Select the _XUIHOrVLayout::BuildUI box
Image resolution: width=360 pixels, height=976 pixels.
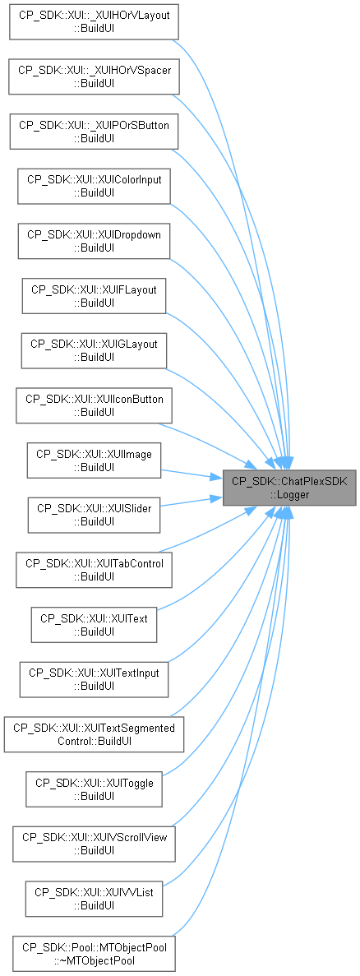94,22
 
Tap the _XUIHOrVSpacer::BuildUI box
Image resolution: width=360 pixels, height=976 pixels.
94,76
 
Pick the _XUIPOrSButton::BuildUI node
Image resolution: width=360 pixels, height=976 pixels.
94,132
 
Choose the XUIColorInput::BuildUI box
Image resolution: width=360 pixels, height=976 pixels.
94,186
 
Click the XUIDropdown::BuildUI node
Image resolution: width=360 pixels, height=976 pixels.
94,241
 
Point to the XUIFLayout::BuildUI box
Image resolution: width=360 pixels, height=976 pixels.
94,296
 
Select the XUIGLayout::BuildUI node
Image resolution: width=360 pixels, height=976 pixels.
94,350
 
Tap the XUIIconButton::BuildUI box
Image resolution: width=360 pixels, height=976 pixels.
94,405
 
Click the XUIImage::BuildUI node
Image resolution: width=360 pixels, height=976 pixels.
94,460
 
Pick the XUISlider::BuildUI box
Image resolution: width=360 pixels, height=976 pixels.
94,515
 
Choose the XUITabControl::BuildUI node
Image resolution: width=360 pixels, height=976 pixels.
94,570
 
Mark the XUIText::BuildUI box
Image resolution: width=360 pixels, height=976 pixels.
94,624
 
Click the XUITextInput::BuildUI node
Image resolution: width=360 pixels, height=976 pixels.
94,679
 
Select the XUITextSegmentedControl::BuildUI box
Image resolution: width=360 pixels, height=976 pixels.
94,734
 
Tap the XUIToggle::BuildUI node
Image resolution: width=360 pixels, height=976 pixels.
94,789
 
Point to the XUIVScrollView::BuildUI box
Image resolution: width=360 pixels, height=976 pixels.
94,844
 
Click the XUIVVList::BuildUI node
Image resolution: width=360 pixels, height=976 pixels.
94,898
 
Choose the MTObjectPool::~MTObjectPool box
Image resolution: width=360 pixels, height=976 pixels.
94,953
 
